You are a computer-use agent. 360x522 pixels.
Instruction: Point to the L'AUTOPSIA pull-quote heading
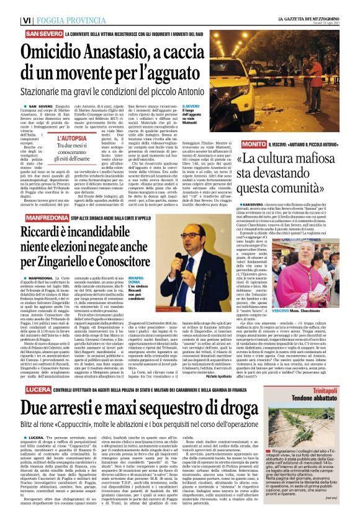(x=77, y=139)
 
